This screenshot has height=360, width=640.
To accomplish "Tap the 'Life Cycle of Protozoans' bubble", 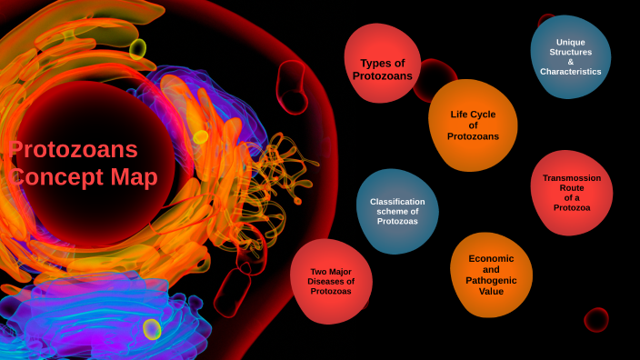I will pos(473,125).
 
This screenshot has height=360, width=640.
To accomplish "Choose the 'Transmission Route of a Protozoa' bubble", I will pos(571,193).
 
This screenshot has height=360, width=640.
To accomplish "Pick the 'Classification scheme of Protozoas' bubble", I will pos(397,211).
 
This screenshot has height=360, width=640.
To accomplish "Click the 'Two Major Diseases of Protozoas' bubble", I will pos(331,281).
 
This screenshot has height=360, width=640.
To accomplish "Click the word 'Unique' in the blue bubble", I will pos(571,43).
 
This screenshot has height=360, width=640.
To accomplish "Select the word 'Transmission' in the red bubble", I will pos(572,178).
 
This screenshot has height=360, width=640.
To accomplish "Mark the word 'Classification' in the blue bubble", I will pos(398,202).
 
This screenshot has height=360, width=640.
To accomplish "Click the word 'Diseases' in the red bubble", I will pos(331,282).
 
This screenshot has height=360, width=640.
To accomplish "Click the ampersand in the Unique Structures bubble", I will pos(571,62).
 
